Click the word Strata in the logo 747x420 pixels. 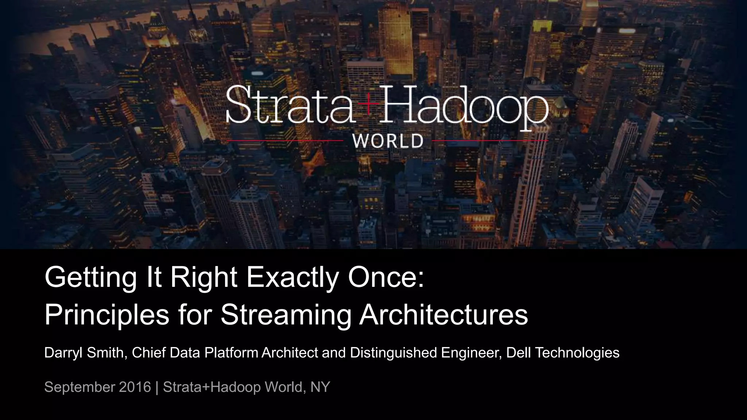(x=290, y=105)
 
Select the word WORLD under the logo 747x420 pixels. (x=388, y=141)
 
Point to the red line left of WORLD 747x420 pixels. (x=285, y=140)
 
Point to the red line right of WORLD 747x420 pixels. (x=490, y=140)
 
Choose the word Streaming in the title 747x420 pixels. (x=286, y=315)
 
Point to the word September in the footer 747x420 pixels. (x=79, y=387)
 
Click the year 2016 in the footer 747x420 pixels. (x=135, y=387)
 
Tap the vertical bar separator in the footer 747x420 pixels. (x=157, y=387)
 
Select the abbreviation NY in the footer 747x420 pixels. (x=320, y=387)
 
